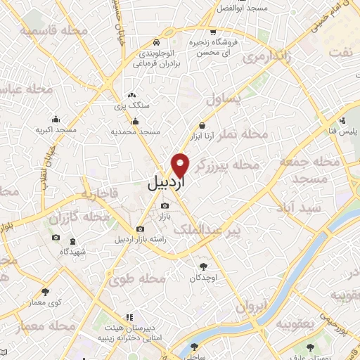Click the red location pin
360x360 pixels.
tap(181, 165)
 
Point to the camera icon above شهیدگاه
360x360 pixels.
tap(56, 238)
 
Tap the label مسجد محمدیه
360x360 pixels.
tap(136, 131)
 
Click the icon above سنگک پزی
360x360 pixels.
tap(131, 95)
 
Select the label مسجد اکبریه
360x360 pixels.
tap(58, 131)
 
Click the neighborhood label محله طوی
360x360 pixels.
tap(137, 279)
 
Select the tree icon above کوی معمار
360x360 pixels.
tap(46, 290)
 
